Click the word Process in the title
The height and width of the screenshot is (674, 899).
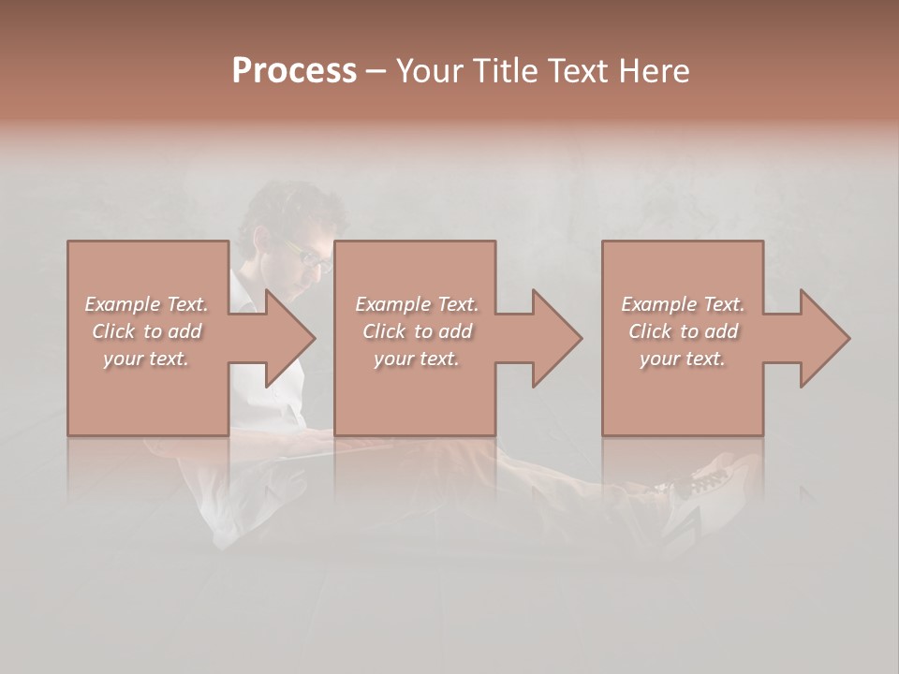click(294, 71)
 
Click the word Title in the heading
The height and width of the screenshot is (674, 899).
click(506, 71)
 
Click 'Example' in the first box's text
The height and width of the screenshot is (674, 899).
click(123, 304)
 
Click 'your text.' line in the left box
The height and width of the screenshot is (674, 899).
click(146, 359)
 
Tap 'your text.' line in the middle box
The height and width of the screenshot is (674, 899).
click(416, 359)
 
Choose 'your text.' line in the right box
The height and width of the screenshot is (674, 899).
click(683, 359)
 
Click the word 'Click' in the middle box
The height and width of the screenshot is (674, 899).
click(384, 331)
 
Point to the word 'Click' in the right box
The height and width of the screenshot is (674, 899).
click(650, 331)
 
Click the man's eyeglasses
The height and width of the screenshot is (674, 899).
click(308, 254)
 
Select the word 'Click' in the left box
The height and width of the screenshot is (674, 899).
click(113, 331)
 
